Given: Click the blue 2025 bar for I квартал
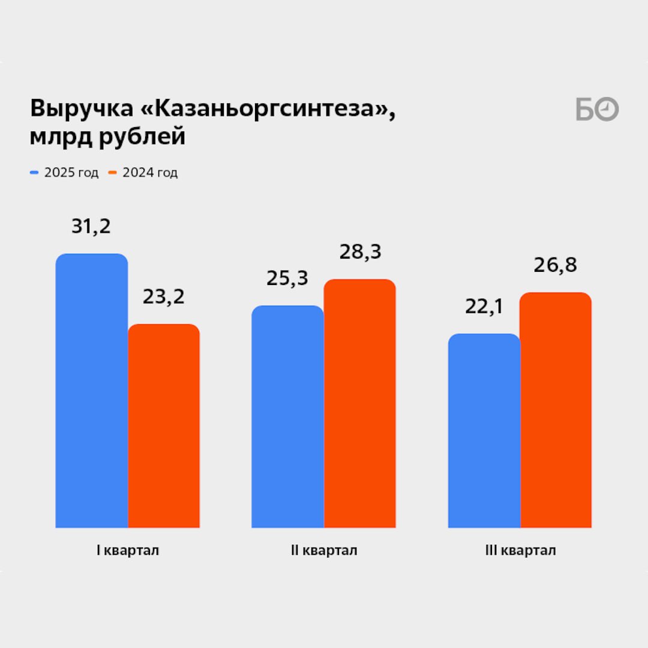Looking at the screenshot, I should tap(92, 391).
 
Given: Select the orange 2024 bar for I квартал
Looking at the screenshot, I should tap(164, 426).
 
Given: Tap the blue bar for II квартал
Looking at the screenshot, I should tap(287, 416).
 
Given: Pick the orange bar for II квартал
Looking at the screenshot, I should tap(359, 403).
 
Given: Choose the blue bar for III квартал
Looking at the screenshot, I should tap(484, 431).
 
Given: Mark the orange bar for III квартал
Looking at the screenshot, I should tap(556, 410).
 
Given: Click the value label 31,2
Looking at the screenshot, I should tap(91, 227).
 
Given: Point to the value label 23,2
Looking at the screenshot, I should tap(163, 297).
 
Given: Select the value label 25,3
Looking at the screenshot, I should tap(287, 278).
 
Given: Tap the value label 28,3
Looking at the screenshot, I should tap(360, 252).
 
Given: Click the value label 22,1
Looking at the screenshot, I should tap(484, 307).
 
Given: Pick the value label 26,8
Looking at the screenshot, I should tap(555, 265).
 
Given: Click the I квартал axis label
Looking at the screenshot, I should tap(128, 551).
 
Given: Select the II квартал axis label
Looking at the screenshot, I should tap(323, 551).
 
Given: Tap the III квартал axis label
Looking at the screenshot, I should tap(520, 551).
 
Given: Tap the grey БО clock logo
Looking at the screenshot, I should tap(596, 110).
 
